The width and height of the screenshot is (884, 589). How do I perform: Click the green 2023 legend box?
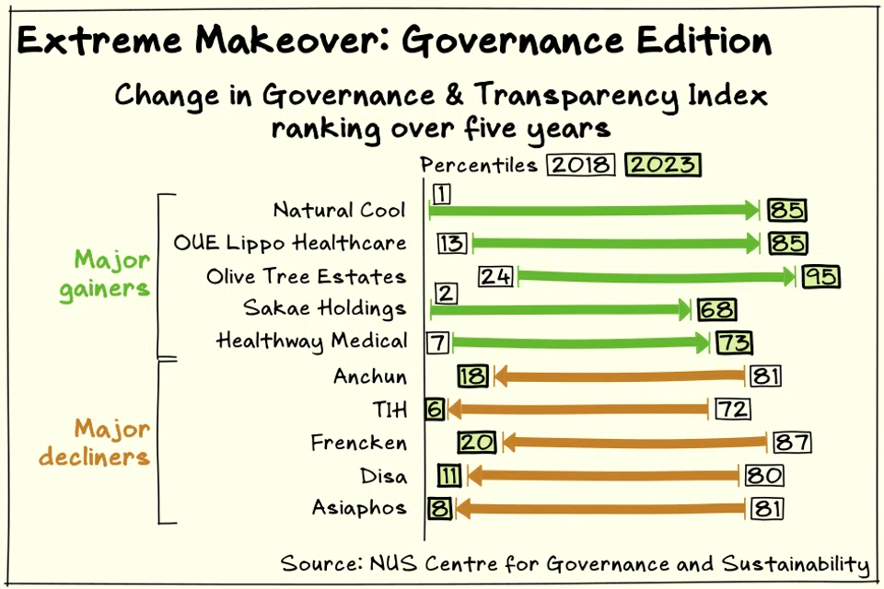(x=663, y=166)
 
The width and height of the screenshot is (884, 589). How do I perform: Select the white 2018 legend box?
(x=580, y=166)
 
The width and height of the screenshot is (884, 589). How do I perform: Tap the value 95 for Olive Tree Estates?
(x=820, y=276)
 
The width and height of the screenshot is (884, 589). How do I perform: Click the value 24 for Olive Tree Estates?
(x=495, y=276)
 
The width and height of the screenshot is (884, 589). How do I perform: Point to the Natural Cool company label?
(x=339, y=211)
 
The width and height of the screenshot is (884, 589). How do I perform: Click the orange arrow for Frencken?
(x=634, y=443)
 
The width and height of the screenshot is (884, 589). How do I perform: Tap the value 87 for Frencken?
(x=792, y=443)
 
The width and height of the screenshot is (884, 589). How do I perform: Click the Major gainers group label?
(x=104, y=273)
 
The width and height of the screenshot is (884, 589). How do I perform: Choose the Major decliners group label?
(x=110, y=443)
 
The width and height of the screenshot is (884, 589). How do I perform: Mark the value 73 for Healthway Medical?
(x=735, y=342)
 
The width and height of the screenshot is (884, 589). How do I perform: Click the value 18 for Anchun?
(x=473, y=375)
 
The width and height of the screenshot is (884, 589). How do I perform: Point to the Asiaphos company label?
(x=359, y=509)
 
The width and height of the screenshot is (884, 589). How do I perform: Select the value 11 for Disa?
(x=449, y=476)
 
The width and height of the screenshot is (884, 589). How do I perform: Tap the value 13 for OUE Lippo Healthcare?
(x=452, y=244)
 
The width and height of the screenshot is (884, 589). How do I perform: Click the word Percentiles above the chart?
(x=479, y=166)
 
